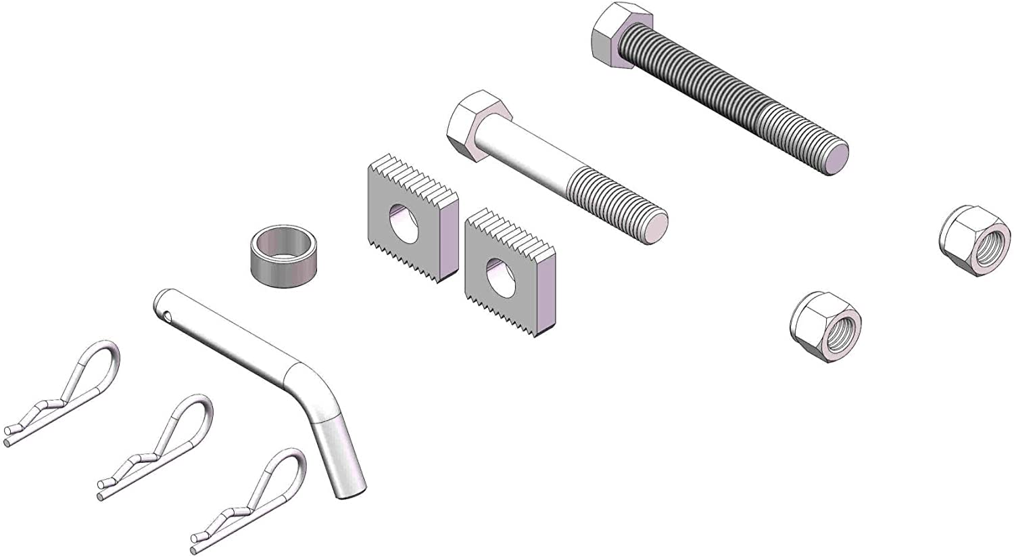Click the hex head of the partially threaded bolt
coord(477,125)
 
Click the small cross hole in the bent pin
coord(166,313)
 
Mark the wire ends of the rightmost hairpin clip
coord(198,541)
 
